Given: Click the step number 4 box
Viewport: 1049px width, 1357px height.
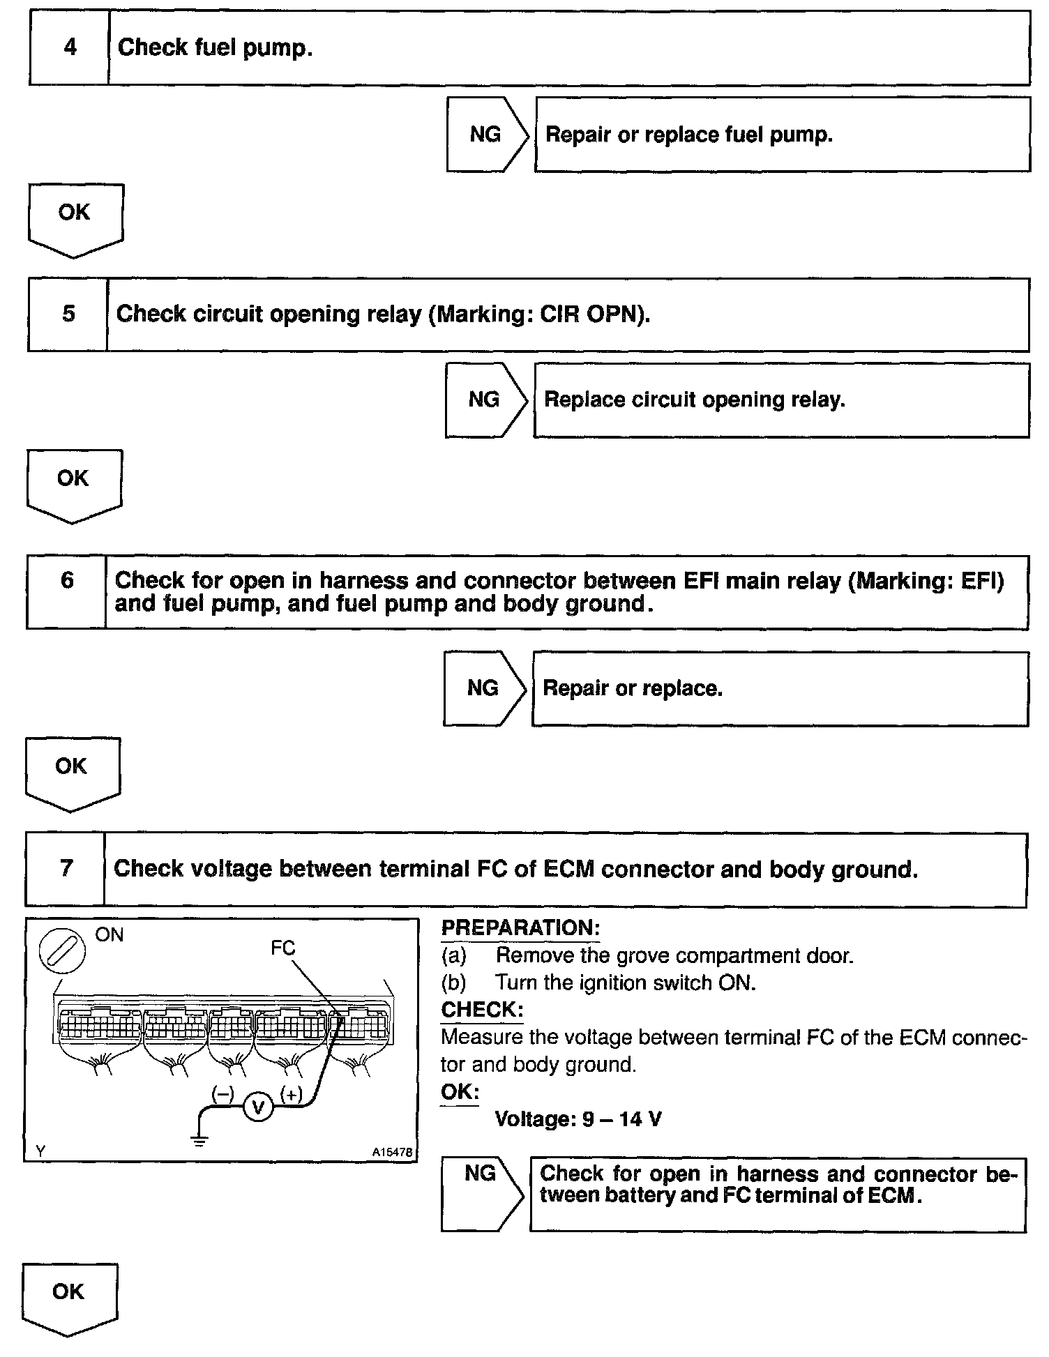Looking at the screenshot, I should (70, 48).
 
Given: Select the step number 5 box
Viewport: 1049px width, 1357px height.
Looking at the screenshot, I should (68, 314).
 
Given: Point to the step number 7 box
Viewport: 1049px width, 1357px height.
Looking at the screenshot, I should (66, 868).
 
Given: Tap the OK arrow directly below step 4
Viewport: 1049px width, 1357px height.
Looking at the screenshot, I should (75, 218).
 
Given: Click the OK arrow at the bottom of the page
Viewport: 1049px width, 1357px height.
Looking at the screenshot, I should (69, 1298).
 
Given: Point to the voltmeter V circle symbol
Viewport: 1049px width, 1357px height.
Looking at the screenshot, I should (257, 1107).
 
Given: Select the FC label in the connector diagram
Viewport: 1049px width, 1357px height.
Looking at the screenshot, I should (283, 948).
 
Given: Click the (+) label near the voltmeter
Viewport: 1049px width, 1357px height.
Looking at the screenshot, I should (290, 1095).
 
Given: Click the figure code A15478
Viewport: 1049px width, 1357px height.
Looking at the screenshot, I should (393, 1153).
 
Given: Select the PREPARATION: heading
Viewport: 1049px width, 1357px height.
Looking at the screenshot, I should (520, 928).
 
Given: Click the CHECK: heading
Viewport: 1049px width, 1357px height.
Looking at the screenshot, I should (482, 1010).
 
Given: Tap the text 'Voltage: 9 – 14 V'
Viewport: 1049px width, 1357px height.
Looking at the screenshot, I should (578, 1119).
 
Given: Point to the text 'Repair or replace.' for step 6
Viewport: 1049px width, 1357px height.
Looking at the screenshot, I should (632, 688).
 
